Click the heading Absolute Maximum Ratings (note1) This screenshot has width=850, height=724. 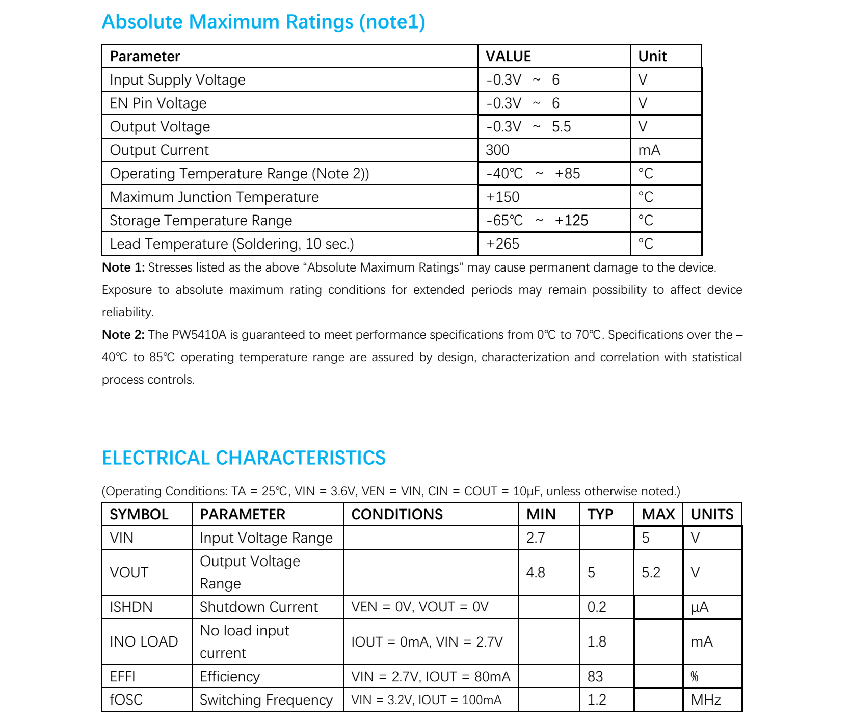coord(263,22)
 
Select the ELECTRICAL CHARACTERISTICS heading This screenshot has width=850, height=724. coord(244,458)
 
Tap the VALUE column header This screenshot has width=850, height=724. coord(508,56)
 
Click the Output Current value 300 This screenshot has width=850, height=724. coord(497,150)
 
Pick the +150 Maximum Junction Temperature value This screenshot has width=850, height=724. coord(502,197)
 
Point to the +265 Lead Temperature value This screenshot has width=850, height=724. coord(502,244)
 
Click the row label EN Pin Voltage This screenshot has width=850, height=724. coord(158,103)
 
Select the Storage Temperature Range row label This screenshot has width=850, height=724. coord(201,221)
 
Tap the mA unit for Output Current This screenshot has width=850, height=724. coord(649,150)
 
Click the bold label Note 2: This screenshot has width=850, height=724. coord(123,335)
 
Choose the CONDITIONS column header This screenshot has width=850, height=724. coord(397,515)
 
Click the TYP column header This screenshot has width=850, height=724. coord(600,515)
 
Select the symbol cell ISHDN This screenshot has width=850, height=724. coord(131,607)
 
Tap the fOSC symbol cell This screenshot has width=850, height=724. coord(126,700)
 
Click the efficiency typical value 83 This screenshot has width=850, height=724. coord(595,677)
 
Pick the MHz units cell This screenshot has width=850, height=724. coord(705,700)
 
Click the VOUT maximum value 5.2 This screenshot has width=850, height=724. coord(651,573)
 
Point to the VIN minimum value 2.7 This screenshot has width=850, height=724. coord(535,538)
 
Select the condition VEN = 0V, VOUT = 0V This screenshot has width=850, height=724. coord(419,607)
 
